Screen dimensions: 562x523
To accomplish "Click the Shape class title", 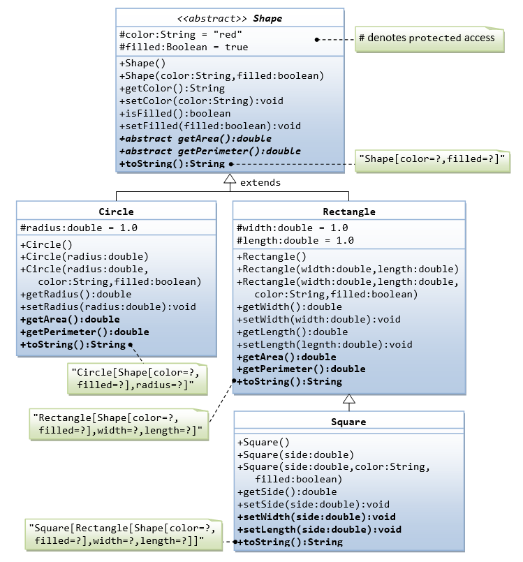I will (x=230, y=18).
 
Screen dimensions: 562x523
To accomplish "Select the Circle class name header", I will (x=116, y=211).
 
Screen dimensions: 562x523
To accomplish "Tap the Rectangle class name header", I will (x=348, y=211).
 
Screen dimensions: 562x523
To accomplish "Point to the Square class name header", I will (x=348, y=422).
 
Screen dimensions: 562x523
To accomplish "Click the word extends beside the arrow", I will (x=260, y=182).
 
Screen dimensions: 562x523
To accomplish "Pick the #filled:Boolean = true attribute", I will (x=184, y=47).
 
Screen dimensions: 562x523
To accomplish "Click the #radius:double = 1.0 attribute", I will (x=79, y=228).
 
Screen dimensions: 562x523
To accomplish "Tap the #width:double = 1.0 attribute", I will (x=293, y=228).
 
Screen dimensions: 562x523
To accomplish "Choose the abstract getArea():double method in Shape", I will (x=196, y=138).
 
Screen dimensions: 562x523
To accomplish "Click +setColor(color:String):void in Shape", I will (x=201, y=101).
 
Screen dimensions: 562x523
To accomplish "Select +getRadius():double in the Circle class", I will (x=75, y=294).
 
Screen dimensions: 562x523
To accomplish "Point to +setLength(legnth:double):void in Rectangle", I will (x=325, y=344).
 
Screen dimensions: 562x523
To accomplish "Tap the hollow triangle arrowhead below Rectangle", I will (x=348, y=399).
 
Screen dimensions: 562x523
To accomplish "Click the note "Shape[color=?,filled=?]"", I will (x=433, y=160).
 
